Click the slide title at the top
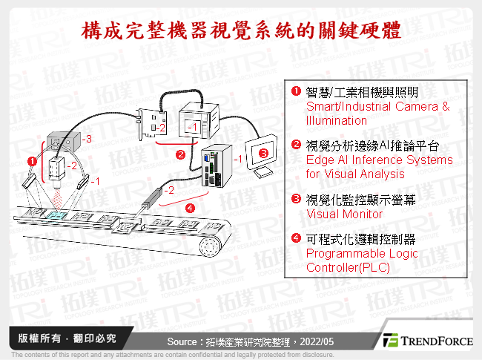(x=241, y=30)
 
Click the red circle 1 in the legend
(x=296, y=92)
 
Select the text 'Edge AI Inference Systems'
(x=379, y=160)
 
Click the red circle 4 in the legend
(x=296, y=239)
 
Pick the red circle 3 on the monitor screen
(x=263, y=154)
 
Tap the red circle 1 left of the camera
(x=31, y=160)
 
